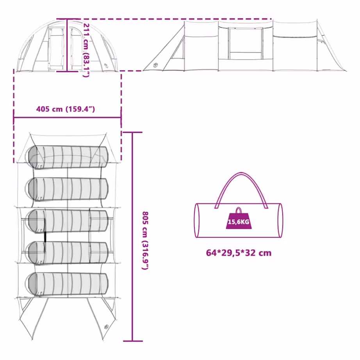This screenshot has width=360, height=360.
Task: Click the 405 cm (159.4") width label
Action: pos(66,109)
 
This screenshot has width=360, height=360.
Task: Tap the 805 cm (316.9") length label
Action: pos(145,241)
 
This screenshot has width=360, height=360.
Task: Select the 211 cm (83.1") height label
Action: pos(86,50)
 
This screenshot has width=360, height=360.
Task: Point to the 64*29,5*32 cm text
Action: pos(239,253)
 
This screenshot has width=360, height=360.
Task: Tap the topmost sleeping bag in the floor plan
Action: pos(67,157)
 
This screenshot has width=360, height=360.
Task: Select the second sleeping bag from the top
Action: pos(67,189)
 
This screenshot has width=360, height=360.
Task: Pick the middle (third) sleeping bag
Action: pos(67,221)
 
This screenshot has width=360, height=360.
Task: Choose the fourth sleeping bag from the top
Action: pos(67,252)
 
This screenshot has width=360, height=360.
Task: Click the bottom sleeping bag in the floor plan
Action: pos(67,284)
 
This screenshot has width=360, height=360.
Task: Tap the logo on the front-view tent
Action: pos(105,66)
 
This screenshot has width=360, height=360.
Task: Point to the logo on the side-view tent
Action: pos(155,65)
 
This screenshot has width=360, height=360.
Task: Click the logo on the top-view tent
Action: pos(106,327)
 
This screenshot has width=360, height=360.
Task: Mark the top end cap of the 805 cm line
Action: pos(133,132)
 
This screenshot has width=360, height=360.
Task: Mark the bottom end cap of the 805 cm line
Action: pos(133,341)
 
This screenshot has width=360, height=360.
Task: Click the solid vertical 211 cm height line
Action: pos(67,45)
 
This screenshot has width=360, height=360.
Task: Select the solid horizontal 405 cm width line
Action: pos(67,118)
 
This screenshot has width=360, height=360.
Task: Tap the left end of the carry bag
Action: pos(197,220)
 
